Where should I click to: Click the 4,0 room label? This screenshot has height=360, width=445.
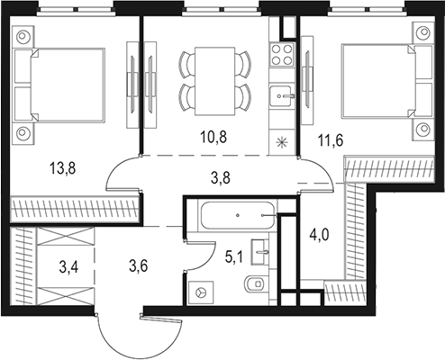[x=320, y=238]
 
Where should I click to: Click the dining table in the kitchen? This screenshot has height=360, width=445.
[x=214, y=78]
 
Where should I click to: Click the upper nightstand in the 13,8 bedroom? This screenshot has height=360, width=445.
[x=23, y=37]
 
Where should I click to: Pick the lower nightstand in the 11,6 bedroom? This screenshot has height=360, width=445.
[x=419, y=129]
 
